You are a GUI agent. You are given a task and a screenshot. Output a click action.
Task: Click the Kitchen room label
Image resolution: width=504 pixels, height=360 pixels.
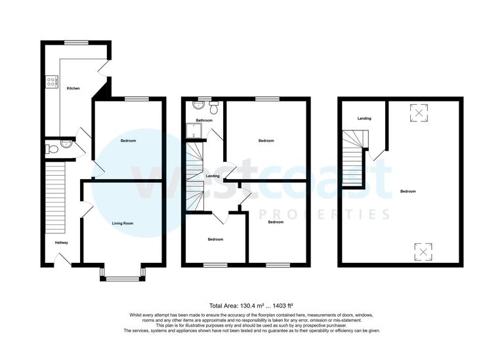73,87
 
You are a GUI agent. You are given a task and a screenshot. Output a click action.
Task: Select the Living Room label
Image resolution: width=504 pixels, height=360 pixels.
123,224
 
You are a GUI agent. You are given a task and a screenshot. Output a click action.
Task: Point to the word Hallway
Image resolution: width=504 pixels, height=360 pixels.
61,243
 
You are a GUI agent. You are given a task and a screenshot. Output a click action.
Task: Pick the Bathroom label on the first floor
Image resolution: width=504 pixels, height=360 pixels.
204,120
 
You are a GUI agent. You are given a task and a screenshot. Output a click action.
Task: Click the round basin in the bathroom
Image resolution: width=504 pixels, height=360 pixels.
197,105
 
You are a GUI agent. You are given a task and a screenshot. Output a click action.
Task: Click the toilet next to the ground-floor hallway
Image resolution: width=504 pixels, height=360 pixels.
52,149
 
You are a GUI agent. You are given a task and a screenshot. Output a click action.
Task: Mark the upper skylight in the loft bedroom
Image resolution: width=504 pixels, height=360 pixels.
419,113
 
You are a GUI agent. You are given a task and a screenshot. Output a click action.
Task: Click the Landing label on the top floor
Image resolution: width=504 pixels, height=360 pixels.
364,119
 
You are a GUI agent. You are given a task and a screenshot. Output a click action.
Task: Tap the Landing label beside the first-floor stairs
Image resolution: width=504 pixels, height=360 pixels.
213,176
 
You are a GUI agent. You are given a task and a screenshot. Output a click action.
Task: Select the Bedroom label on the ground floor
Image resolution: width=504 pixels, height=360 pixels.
129,141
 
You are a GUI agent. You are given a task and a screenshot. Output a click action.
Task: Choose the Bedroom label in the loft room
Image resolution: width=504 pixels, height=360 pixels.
408,191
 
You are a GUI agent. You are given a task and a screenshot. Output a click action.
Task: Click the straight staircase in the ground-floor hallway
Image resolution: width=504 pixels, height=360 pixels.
56,197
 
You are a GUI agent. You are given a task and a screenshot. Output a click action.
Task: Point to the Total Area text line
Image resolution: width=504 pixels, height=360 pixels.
251,306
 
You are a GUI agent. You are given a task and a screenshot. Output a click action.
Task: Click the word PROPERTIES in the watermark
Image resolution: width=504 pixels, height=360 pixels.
324,215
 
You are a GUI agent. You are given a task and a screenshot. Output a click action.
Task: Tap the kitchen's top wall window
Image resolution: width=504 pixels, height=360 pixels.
76,43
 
